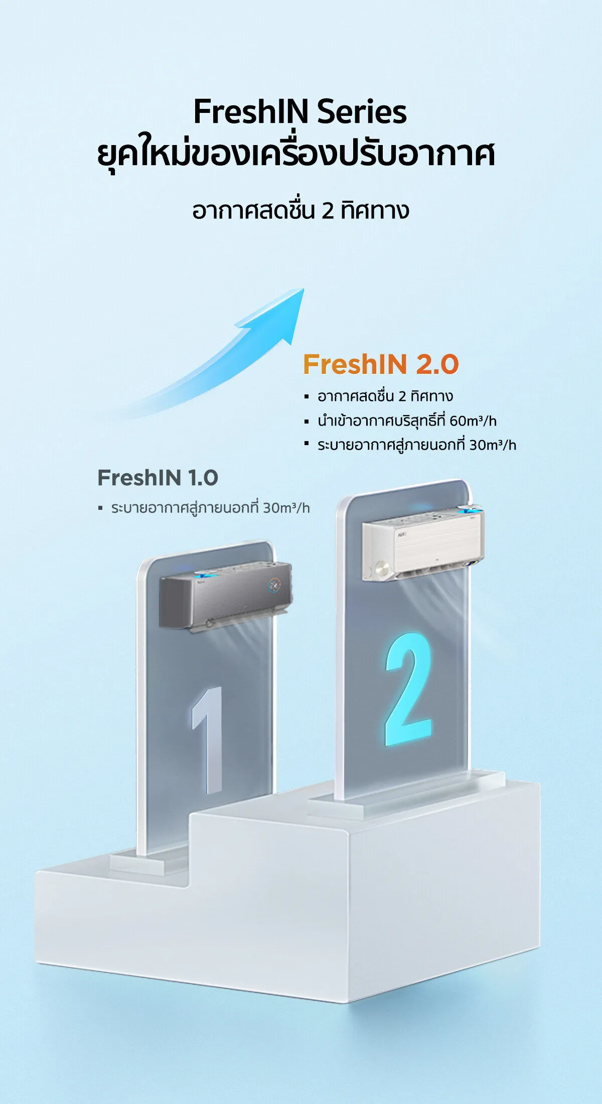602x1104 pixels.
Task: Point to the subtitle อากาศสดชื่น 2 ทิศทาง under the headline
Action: (300, 210)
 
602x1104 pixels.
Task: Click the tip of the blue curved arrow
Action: (304, 289)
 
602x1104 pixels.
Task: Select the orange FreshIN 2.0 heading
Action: (381, 364)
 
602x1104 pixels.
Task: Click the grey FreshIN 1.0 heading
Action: (158, 478)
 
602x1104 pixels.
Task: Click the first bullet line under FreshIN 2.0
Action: (385, 396)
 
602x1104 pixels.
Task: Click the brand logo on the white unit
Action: (401, 535)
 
